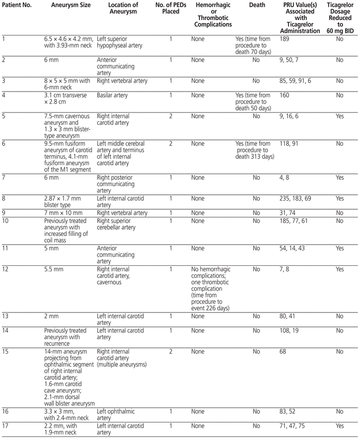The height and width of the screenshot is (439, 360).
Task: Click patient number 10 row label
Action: [6, 221]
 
